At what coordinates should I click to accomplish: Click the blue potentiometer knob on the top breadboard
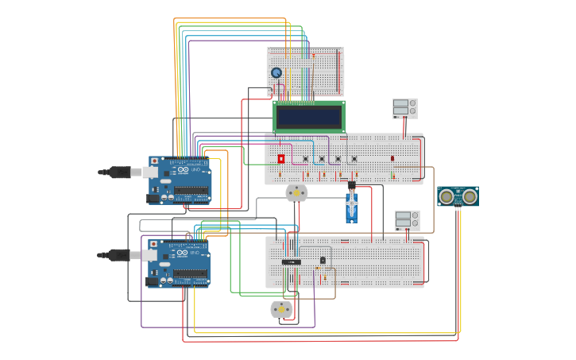(x=276, y=73)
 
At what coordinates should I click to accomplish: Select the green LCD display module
(x=309, y=117)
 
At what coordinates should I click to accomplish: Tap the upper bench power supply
(x=404, y=107)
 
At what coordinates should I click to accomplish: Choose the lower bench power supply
(x=407, y=220)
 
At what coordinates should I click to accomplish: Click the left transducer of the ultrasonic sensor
(x=447, y=196)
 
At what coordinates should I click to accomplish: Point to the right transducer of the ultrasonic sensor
(x=470, y=196)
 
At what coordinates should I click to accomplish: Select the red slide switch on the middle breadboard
(x=281, y=159)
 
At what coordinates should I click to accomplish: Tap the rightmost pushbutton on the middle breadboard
(x=354, y=158)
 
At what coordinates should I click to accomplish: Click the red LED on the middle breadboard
(x=392, y=158)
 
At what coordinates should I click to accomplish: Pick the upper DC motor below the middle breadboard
(x=296, y=192)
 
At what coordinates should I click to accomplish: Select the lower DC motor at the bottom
(x=282, y=309)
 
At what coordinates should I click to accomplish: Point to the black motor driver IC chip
(x=292, y=261)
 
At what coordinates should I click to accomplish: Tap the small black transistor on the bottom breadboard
(x=323, y=260)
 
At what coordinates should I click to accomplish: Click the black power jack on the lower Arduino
(x=153, y=281)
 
